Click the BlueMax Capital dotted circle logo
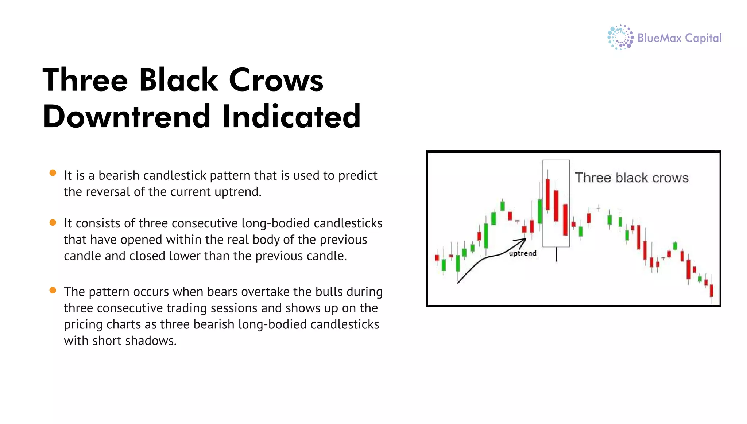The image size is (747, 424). tap(620, 37)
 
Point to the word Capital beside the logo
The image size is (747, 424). tap(703, 38)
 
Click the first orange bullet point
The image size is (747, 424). tap(53, 173)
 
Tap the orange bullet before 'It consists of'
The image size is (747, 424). tap(53, 222)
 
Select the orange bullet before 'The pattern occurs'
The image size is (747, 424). tap(53, 290)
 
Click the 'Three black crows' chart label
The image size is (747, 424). tap(631, 178)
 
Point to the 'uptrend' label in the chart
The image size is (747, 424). tap(522, 253)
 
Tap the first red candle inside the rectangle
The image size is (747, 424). tap(547, 194)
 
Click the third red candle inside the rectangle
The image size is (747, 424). tap(565, 219)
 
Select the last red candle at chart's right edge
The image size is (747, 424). tap(711, 291)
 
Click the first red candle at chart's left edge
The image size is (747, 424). tap(437, 258)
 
